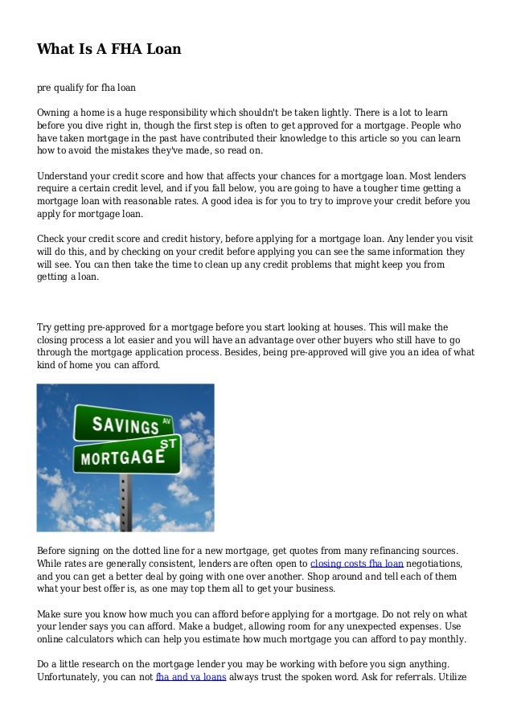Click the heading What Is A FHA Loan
109,50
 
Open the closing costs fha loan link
356,564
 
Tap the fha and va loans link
190,678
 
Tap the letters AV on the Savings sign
166,418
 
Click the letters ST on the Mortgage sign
170,442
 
